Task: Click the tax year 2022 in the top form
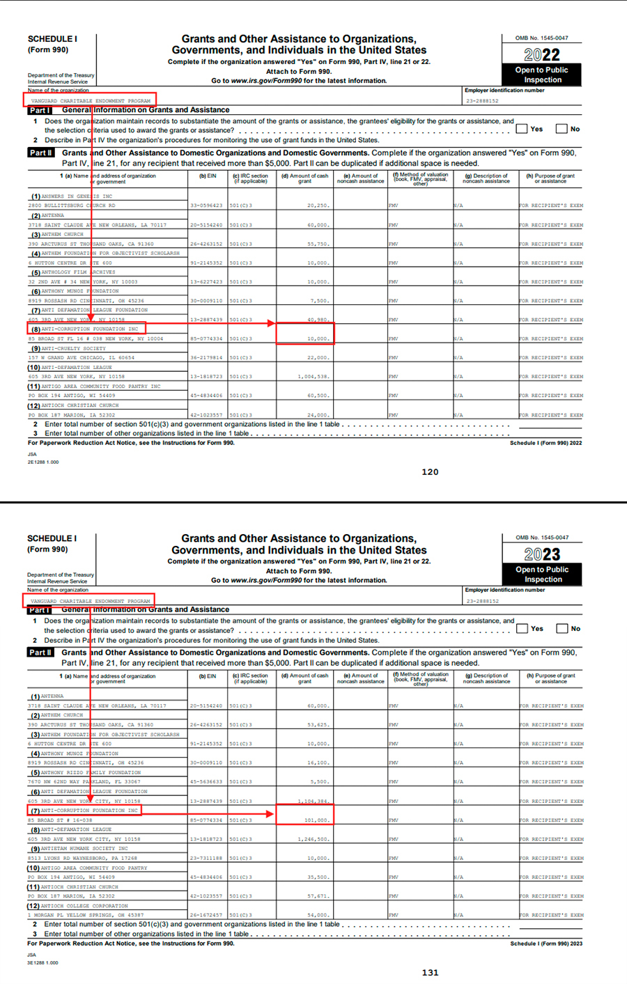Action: click(x=541, y=55)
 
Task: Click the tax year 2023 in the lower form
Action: click(x=541, y=554)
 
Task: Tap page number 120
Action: click(x=430, y=471)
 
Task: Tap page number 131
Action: click(x=430, y=972)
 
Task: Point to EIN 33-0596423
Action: click(x=206, y=206)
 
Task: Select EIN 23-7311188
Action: click(x=206, y=858)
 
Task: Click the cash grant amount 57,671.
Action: click(x=317, y=896)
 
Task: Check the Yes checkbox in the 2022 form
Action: click(x=522, y=128)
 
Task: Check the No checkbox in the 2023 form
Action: click(x=562, y=628)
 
